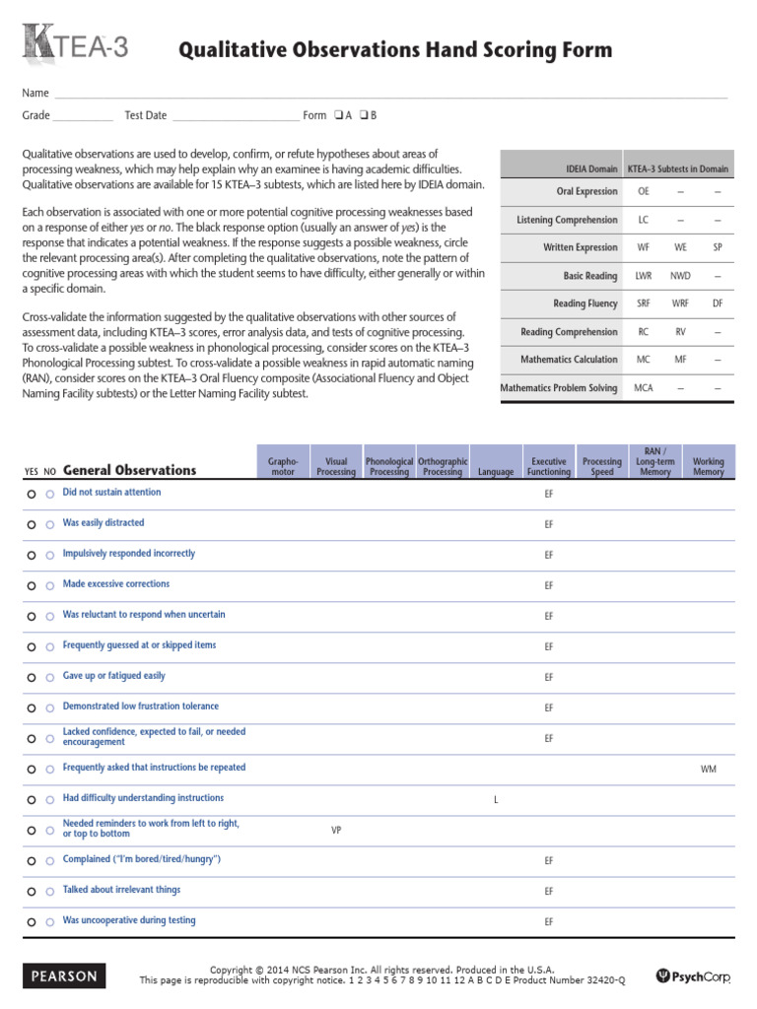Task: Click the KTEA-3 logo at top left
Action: click(75, 46)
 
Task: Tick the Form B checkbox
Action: click(363, 115)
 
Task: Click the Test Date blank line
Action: click(235, 116)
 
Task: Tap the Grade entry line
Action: click(83, 116)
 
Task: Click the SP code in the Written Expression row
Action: click(718, 247)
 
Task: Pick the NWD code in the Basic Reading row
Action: click(680, 276)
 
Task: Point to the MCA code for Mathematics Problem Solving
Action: click(643, 388)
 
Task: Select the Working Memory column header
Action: click(708, 466)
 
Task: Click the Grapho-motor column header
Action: click(283, 466)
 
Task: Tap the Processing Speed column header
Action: click(601, 466)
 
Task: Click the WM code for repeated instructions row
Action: click(708, 769)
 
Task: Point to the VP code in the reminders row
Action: click(336, 831)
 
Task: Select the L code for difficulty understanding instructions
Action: click(495, 800)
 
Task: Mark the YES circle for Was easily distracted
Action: click(32, 524)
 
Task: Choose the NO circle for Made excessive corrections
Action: click(50, 585)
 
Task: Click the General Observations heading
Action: click(129, 470)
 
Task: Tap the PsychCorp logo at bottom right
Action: click(694, 976)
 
